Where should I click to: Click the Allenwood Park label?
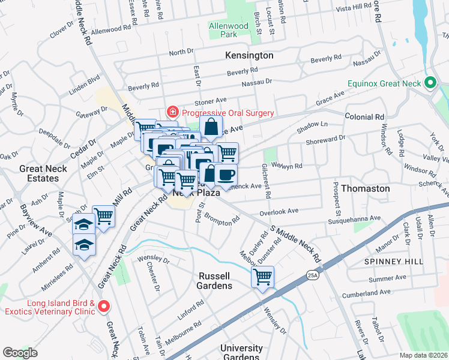pyautogui.click(x=228, y=30)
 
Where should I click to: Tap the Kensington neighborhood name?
pyautogui.click(x=249, y=55)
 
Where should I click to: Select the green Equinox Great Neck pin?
pyautogui.click(x=430, y=83)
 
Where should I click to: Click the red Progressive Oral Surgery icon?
pyautogui.click(x=172, y=112)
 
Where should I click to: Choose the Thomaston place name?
pyautogui.click(x=365, y=188)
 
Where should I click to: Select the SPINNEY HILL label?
pyautogui.click(x=393, y=262)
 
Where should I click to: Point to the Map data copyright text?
pyautogui.click(x=423, y=355)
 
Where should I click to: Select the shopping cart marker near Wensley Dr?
pyautogui.click(x=262, y=277)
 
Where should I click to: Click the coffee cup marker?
pyautogui.click(x=226, y=175)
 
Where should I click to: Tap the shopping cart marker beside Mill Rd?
pyautogui.click(x=103, y=217)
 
